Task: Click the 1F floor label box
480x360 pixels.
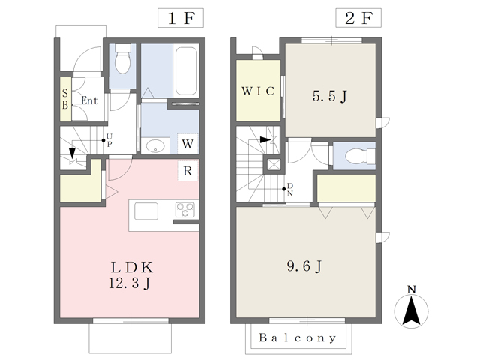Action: pos(181,18)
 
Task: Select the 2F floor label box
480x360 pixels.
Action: pos(358,18)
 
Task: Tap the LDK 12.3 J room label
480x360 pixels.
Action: pos(130,275)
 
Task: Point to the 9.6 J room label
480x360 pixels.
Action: pos(304,265)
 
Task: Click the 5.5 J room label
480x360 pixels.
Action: pos(330,96)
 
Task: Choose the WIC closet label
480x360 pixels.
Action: pos(258,91)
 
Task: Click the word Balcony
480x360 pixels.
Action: pos(298,337)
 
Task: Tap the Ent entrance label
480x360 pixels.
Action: pos(89,100)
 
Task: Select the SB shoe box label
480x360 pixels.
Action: pos(65,98)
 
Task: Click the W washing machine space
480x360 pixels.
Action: pos(187,143)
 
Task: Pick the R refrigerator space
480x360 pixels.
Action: pos(187,171)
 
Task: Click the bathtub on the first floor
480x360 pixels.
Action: pos(186,71)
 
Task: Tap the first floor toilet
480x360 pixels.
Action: pos(123,58)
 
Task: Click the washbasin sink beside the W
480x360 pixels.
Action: pos(155,146)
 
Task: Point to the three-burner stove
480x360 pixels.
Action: pos(185,210)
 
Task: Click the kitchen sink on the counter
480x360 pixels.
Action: pos(146,211)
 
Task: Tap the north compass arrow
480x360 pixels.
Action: pos(411,310)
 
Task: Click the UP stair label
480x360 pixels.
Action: pos(109,140)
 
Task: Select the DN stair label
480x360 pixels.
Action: pos(290,190)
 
